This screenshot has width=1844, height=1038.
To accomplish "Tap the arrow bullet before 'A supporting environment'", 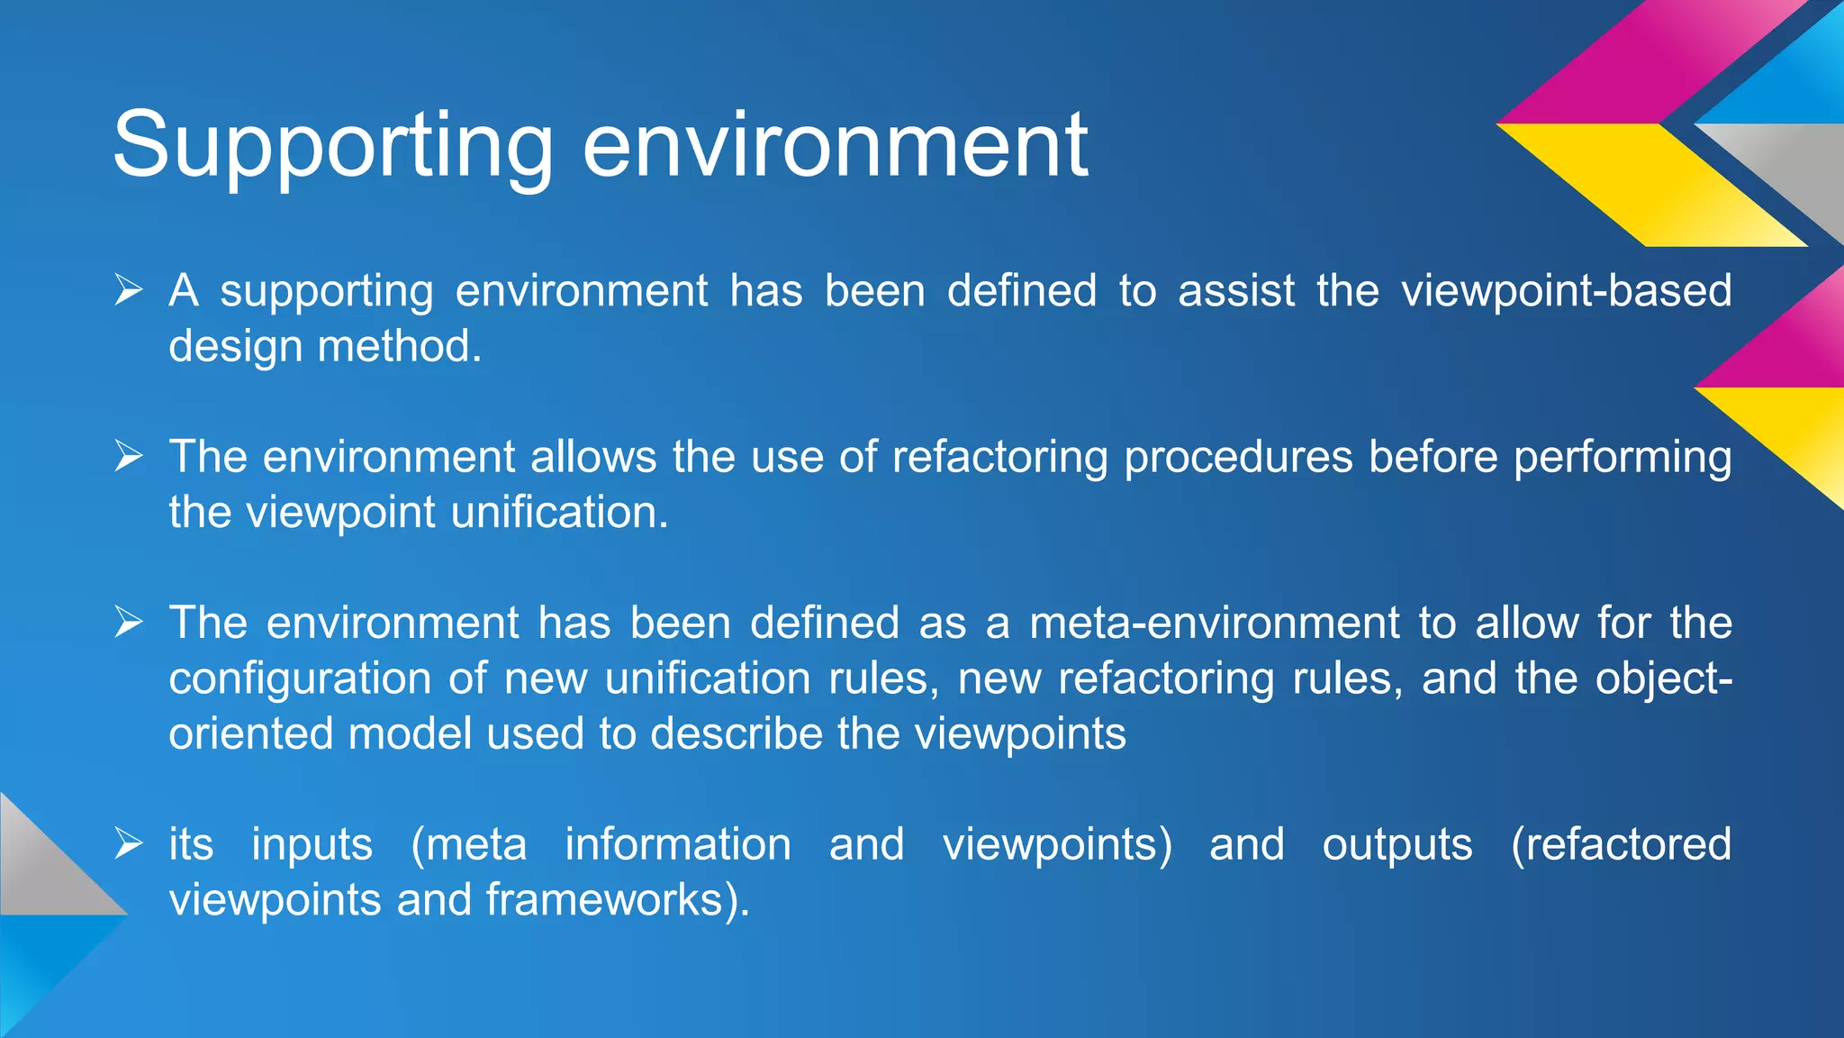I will (129, 291).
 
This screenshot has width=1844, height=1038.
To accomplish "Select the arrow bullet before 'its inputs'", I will (129, 844).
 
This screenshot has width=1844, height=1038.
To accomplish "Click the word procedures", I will (1238, 458).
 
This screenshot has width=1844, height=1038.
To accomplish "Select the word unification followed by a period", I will (558, 514).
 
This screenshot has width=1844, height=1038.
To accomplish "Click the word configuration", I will (300, 679).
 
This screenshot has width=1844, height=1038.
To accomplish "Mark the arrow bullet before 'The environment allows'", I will (129, 457).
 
